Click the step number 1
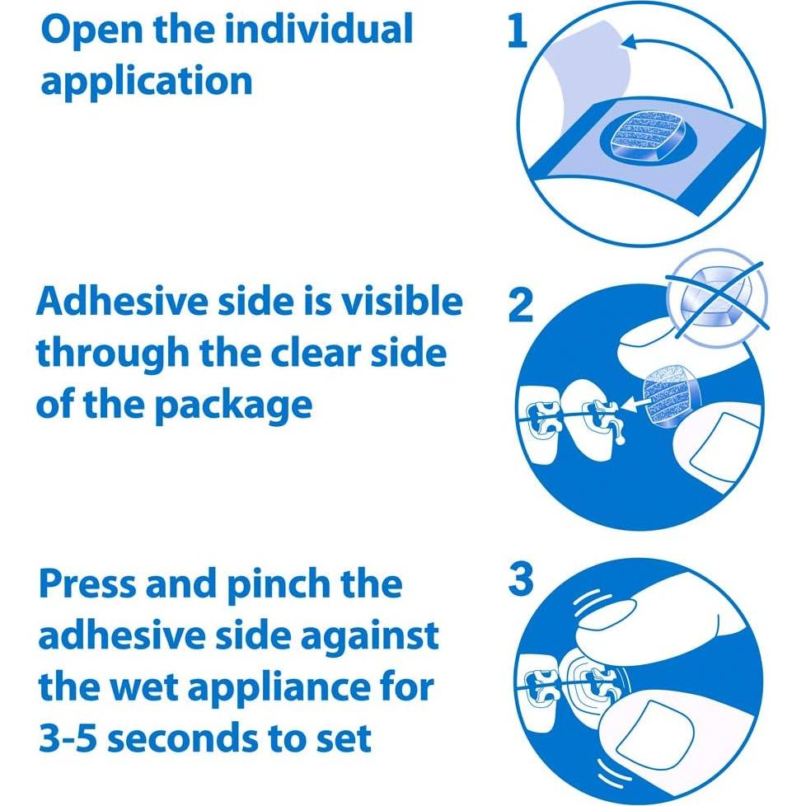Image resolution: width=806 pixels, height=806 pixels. point(517,33)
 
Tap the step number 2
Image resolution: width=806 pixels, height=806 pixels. point(521,307)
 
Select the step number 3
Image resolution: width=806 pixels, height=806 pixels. point(521,580)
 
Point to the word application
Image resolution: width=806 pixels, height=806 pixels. point(147,82)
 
